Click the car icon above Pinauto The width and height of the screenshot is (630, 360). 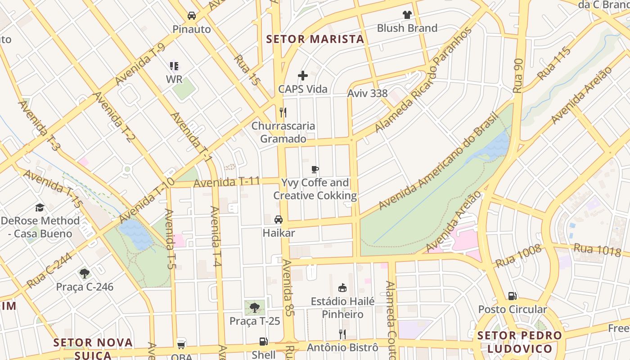(192, 16)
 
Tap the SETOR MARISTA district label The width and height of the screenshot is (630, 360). (315, 39)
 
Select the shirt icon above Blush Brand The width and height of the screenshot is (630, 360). (407, 15)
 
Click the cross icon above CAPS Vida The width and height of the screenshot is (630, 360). (303, 76)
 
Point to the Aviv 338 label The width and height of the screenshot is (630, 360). (367, 94)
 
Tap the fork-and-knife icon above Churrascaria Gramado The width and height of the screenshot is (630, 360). (283, 112)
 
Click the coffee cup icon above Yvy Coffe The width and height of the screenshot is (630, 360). (315, 170)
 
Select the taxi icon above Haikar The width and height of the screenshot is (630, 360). (279, 220)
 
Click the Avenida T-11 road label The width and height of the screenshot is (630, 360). (227, 182)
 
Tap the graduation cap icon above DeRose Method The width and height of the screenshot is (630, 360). (40, 207)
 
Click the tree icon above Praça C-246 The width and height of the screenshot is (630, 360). (84, 273)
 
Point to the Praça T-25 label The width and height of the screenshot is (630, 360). (255, 321)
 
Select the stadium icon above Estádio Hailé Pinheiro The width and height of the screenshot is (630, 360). (342, 288)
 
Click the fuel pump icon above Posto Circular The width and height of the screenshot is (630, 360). (512, 296)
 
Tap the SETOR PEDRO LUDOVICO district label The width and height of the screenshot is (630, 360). (520, 342)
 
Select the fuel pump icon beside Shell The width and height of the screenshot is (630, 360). (264, 342)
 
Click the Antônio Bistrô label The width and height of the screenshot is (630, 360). (342, 347)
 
